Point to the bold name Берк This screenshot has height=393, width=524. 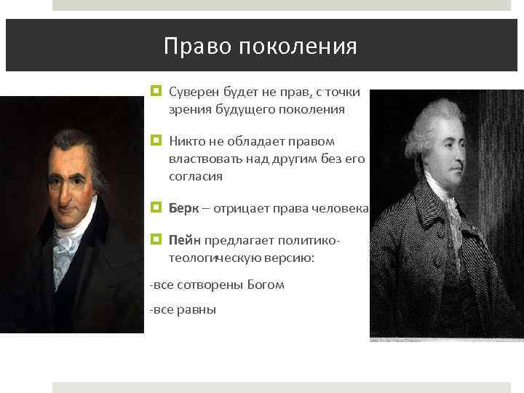[x=183, y=210]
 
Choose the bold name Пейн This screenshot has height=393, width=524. [x=185, y=239]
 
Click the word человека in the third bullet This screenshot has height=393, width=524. [x=342, y=210]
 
